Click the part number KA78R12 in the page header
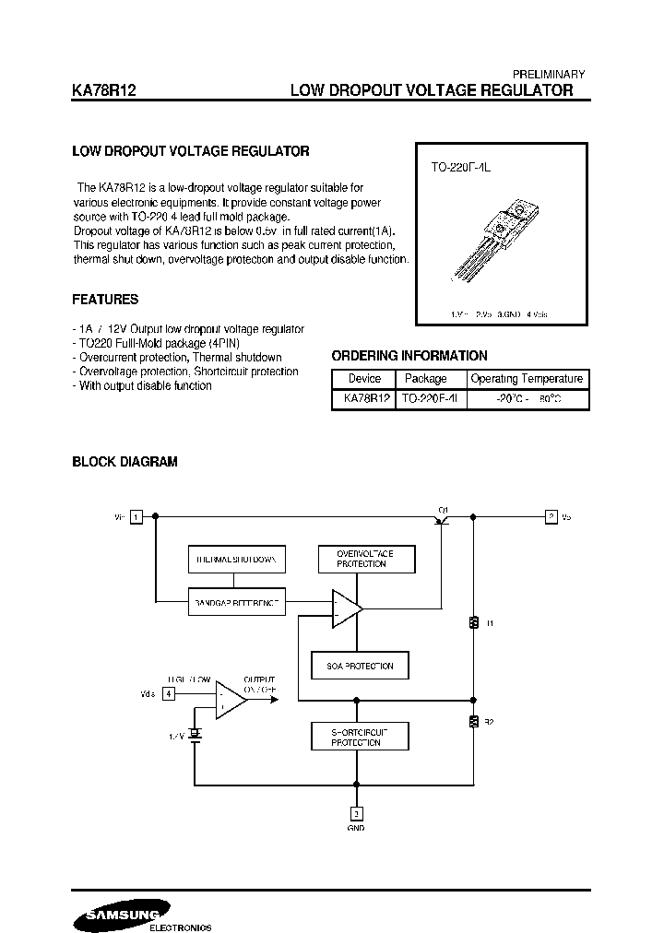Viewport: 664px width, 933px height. point(105,90)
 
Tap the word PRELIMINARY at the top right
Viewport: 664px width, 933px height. point(548,74)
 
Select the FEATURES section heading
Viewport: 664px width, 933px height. point(105,300)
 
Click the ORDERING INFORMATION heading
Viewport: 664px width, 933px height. point(409,356)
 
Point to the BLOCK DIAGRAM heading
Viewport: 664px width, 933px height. point(125,462)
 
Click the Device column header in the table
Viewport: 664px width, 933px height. point(364,379)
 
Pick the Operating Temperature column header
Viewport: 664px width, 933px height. point(527,379)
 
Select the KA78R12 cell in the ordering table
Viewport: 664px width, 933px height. point(364,398)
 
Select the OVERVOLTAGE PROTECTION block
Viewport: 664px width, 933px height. point(366,559)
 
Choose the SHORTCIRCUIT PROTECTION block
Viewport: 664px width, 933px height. point(360,736)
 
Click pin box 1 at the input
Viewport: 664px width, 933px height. point(136,517)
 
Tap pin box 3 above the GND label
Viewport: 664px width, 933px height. point(356,813)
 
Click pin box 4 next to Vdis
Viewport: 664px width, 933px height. point(168,693)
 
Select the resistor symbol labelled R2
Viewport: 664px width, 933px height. point(473,721)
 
